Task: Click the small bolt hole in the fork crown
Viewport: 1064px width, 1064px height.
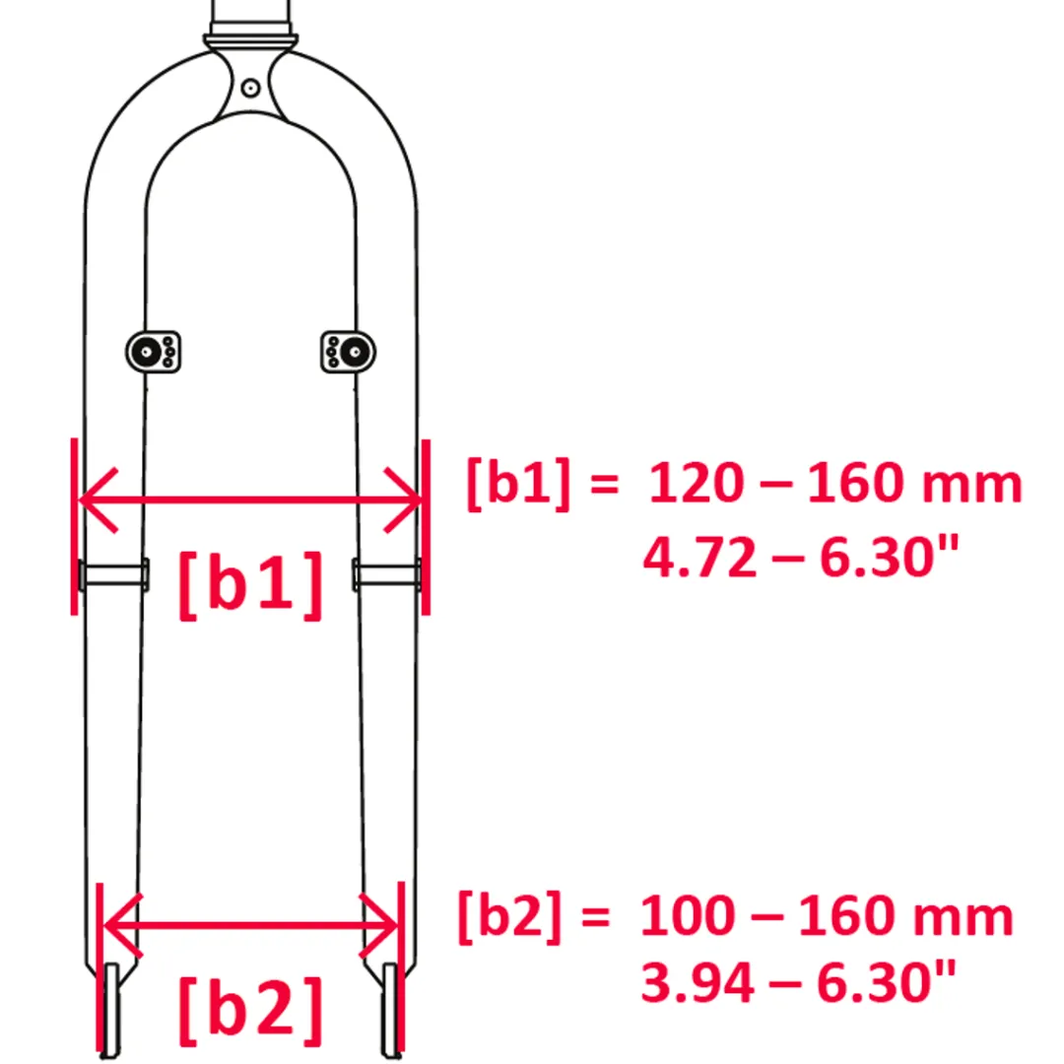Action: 250,89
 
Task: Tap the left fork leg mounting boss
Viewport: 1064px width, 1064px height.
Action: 154,352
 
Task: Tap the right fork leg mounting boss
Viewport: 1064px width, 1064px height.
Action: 348,352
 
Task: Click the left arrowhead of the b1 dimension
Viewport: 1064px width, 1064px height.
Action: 100,500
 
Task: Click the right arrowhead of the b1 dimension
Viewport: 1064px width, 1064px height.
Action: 402,500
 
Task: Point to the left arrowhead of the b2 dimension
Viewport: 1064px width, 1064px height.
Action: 123,925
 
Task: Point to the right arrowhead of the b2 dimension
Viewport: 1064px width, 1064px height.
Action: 378,925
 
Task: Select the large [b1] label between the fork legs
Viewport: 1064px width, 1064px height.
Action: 250,584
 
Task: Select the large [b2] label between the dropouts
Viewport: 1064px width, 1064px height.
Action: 250,1011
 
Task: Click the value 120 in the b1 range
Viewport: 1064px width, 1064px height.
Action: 697,483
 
